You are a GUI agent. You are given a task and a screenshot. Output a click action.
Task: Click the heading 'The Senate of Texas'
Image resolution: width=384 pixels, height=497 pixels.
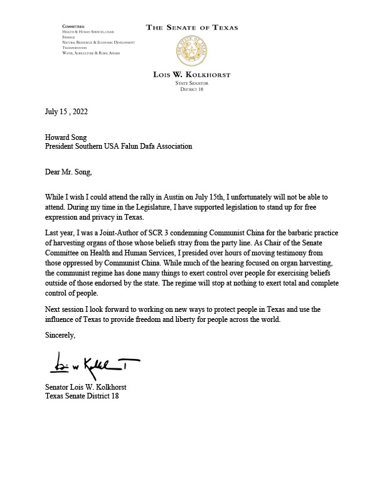192,28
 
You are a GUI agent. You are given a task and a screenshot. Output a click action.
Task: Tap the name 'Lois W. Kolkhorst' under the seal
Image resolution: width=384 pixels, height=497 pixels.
192,75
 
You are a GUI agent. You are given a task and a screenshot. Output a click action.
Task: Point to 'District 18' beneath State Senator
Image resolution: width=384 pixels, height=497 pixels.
192,88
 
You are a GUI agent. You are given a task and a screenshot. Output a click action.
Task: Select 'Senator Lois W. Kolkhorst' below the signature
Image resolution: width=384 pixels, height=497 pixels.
90,387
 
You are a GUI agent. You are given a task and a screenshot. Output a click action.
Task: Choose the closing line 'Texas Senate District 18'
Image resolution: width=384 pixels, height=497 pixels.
82,397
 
